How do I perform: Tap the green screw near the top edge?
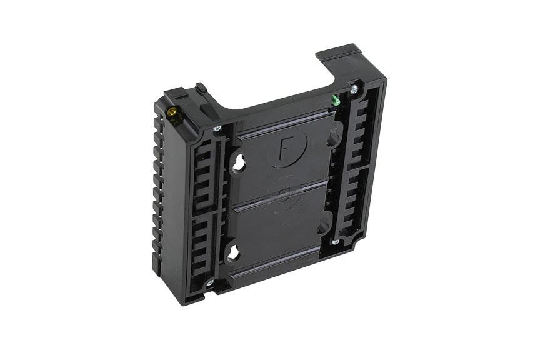coord(336,99)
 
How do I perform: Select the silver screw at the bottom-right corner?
coord(336,241)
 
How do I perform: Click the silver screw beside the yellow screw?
coord(217,129)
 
